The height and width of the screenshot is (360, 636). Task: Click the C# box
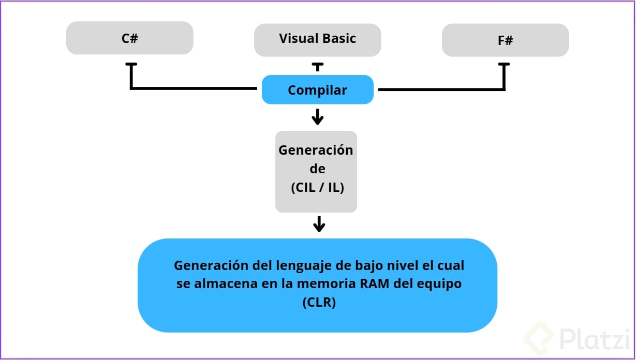click(129, 38)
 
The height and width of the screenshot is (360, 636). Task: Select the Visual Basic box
click(317, 39)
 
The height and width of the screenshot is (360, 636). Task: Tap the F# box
click(505, 40)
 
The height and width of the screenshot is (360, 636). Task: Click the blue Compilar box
click(317, 90)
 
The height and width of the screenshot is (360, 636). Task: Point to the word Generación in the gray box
click(316, 150)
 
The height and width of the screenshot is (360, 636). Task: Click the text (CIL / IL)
click(317, 188)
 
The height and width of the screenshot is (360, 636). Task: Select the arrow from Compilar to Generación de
click(317, 117)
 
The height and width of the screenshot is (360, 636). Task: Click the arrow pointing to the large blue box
click(319, 224)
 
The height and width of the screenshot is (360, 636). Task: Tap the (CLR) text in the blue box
click(319, 303)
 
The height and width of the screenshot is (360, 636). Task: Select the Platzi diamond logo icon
click(539, 340)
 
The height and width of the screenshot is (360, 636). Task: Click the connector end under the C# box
click(131, 65)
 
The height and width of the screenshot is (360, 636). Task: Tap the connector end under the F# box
click(504, 65)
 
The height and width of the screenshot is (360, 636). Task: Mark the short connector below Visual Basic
click(317, 67)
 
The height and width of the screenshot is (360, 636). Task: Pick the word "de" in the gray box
click(317, 169)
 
